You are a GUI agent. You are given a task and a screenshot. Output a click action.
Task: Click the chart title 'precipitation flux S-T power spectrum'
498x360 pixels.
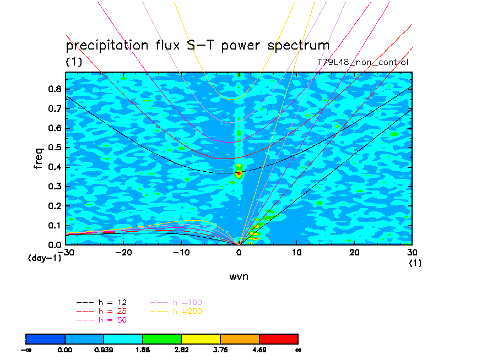click(x=197, y=45)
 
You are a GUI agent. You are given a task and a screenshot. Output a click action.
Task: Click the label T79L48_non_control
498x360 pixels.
click(x=363, y=62)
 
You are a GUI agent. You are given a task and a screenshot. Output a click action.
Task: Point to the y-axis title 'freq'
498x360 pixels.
click(x=39, y=158)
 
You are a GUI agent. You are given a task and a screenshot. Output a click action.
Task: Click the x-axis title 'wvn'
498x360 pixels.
click(x=239, y=276)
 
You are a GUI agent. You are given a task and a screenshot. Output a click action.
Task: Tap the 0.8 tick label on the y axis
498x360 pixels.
click(x=55, y=89)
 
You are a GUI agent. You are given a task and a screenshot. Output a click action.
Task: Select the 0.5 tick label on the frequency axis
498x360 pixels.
click(x=55, y=148)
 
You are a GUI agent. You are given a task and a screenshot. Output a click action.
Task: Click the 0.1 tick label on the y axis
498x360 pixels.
click(x=55, y=225)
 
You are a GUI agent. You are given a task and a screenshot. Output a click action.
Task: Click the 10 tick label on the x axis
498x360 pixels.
click(x=297, y=252)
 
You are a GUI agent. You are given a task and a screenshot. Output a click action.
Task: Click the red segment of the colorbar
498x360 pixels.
click(x=278, y=338)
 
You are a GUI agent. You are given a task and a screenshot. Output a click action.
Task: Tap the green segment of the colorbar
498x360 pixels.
click(x=162, y=338)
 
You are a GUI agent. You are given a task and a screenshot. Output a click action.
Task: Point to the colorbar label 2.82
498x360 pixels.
click(x=182, y=349)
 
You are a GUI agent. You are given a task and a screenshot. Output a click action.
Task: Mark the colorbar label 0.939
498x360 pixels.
click(x=104, y=349)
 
